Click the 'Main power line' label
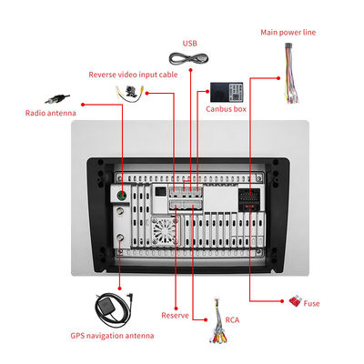288,33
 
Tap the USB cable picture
188,58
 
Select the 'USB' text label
190,44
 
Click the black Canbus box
227,92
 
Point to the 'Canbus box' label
226,109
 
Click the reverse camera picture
130,92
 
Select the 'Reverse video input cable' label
133,75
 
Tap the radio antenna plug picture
57,98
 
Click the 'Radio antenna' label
51,113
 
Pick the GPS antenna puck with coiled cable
114,309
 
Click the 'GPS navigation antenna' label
112,336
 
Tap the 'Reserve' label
175,316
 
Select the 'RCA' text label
232,320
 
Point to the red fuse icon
295,301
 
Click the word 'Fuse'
311,303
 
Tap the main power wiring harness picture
290,74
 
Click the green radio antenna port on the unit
122,196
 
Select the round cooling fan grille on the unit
165,230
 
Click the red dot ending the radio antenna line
83,105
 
